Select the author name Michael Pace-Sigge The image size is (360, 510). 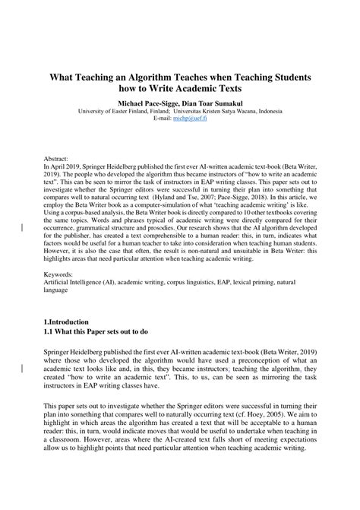(150, 101)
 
